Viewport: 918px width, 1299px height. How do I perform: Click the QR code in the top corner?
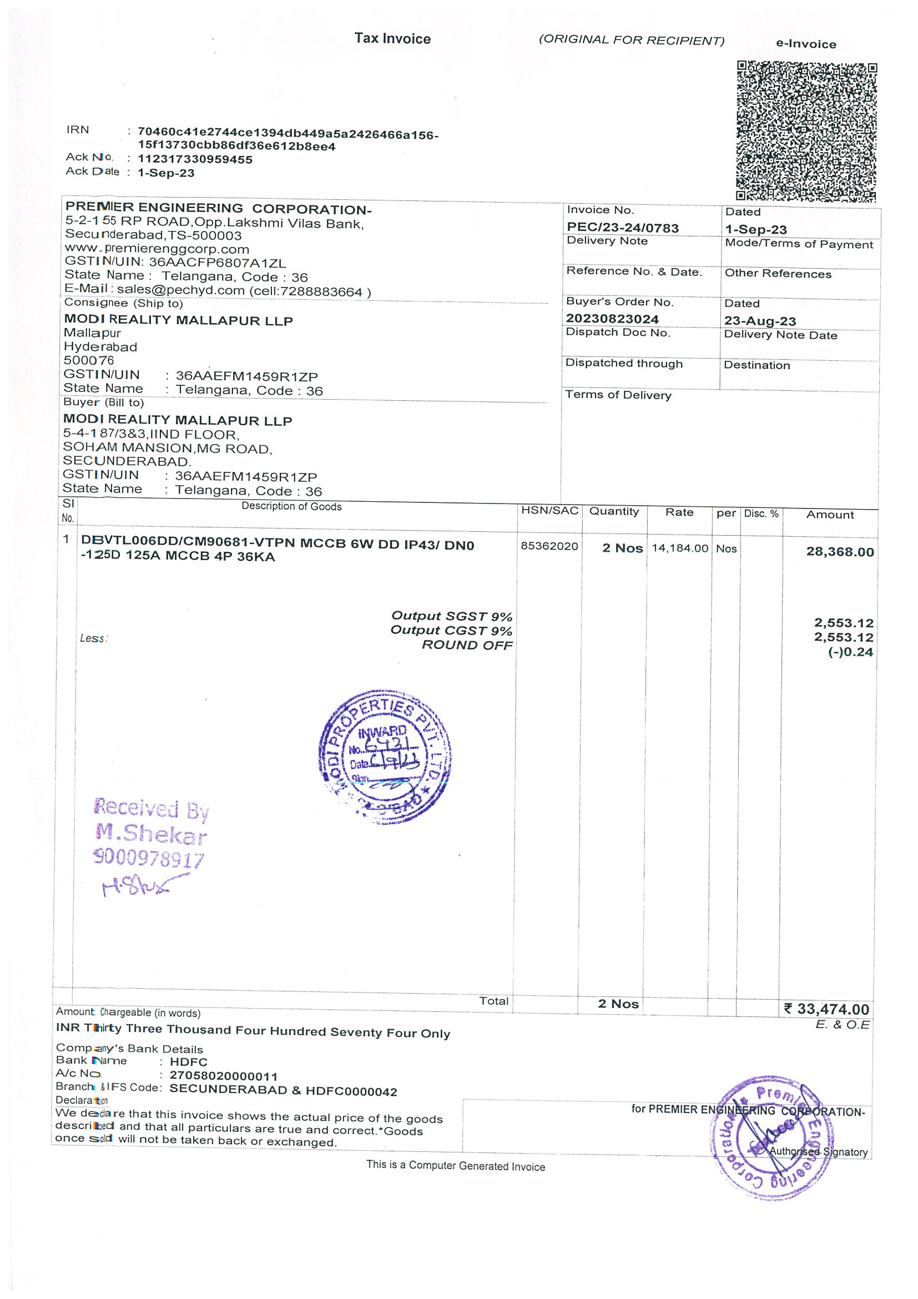[806, 130]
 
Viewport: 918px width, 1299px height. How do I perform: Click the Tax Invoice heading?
[392, 38]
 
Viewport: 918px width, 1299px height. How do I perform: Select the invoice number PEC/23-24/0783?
[623, 228]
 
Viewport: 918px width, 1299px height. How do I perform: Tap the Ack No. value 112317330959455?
[195, 159]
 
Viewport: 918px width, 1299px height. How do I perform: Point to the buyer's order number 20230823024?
[612, 319]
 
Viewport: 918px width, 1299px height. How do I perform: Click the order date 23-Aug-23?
[760, 321]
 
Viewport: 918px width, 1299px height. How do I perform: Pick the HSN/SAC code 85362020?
[549, 546]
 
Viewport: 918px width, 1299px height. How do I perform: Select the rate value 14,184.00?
[679, 548]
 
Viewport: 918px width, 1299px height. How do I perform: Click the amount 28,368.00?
[839, 552]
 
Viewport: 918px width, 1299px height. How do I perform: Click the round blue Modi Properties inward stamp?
[385, 756]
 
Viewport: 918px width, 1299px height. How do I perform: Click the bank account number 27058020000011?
[224, 1075]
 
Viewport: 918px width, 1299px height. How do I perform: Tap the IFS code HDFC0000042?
[351, 1091]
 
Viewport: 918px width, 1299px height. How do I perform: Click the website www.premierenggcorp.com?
[157, 249]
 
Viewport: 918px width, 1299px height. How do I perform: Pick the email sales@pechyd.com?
[180, 291]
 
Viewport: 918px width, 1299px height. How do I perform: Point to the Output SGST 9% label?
[451, 616]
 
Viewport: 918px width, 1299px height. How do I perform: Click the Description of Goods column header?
[291, 506]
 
